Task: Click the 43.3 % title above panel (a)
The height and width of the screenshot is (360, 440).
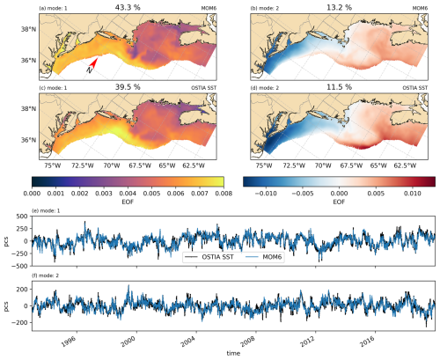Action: point(128,7)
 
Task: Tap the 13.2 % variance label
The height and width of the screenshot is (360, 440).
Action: point(339,7)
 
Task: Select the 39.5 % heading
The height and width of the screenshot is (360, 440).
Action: point(128,87)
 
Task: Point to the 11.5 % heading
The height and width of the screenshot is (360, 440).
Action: point(339,87)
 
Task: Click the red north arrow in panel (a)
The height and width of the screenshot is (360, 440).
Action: point(94,62)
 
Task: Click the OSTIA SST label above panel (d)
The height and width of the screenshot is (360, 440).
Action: point(414,88)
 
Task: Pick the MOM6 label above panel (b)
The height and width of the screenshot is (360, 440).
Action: point(420,8)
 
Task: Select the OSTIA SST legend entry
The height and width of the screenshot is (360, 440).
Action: point(209,257)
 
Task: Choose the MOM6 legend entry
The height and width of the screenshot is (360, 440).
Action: point(264,257)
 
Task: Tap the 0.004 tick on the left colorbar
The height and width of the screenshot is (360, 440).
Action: point(128,194)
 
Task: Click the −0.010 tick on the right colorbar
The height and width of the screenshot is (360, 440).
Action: point(266,194)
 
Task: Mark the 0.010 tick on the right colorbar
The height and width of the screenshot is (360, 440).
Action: point(413,194)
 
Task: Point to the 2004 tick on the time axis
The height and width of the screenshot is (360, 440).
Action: point(187,342)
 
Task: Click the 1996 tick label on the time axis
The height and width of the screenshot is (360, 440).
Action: point(69,342)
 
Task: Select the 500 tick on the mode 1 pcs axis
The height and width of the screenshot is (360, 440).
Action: point(23,217)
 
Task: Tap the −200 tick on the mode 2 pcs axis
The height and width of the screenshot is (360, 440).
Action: point(20,322)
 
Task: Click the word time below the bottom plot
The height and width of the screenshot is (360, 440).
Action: point(233,353)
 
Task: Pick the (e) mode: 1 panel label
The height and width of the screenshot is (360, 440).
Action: point(46,210)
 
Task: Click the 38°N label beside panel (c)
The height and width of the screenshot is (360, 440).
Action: point(28,109)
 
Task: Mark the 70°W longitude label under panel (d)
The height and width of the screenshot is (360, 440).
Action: point(323,165)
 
